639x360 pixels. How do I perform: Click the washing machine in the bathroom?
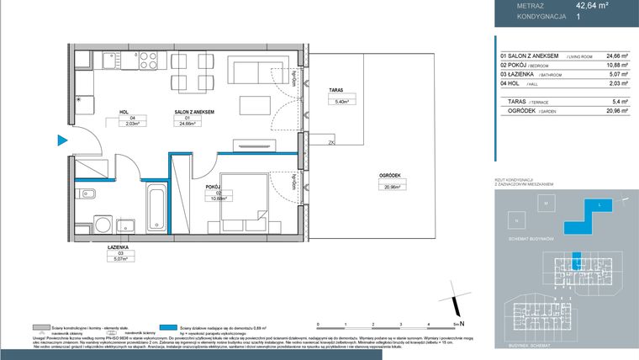tap(101, 225)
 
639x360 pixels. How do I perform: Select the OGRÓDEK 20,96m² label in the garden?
tap(388, 181)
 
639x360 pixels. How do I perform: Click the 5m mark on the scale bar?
tap(457, 323)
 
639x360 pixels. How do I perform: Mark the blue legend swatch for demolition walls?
tap(172, 326)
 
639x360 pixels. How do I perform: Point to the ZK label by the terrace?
tap(309, 143)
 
